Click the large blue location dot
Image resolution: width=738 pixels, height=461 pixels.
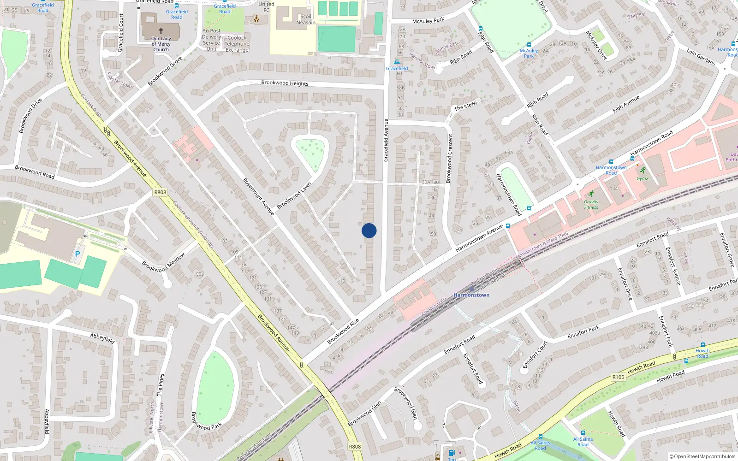click(x=369, y=230)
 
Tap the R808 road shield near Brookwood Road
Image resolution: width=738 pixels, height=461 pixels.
click(x=160, y=192)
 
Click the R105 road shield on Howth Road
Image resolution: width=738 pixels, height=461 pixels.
click(x=618, y=377)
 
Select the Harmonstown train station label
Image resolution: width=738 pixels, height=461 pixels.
click(x=471, y=295)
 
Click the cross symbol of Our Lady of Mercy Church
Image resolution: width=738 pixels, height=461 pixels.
click(x=161, y=30)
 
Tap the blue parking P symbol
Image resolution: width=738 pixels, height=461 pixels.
click(x=77, y=254)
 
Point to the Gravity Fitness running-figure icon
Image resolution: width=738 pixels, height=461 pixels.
click(x=591, y=194)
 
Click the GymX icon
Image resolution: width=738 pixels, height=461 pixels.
click(x=643, y=170)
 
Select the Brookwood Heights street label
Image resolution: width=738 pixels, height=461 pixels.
click(x=285, y=83)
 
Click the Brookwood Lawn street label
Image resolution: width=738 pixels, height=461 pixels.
click(x=294, y=195)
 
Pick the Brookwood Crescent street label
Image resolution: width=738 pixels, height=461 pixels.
click(x=449, y=159)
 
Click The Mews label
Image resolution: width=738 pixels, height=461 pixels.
click(x=465, y=106)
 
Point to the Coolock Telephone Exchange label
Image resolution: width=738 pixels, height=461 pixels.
click(x=237, y=44)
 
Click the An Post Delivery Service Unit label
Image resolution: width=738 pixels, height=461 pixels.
click(x=211, y=40)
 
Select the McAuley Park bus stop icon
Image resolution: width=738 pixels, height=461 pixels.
click(x=529, y=45)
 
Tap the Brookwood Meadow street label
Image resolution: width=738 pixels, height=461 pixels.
click(x=163, y=262)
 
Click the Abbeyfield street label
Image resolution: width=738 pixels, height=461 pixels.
click(x=102, y=338)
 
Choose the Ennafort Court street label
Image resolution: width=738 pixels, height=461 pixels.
click(x=535, y=355)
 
